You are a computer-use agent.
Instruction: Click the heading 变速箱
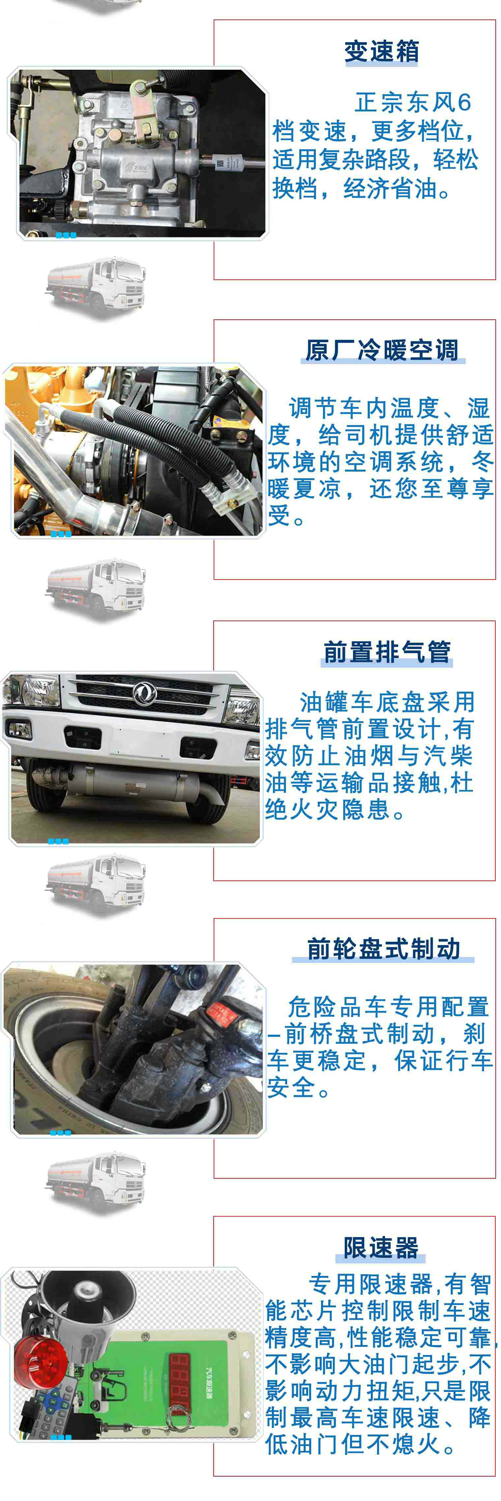click(x=382, y=51)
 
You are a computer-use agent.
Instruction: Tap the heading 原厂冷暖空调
click(x=382, y=350)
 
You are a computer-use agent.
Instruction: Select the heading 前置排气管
click(x=387, y=651)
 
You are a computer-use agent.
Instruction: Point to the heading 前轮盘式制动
click(x=383, y=949)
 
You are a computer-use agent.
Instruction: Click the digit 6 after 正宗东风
click(x=464, y=102)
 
